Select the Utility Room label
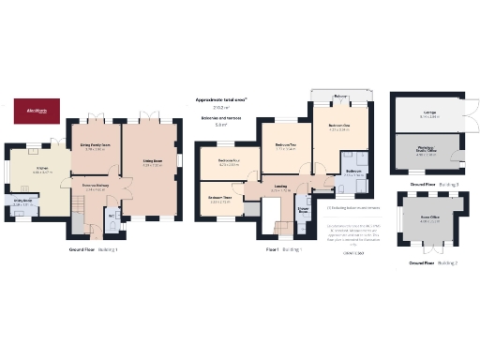coord(23,202)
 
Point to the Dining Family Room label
coord(97,145)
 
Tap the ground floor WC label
coord(111,217)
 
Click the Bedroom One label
coord(338,127)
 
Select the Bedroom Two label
coord(286,145)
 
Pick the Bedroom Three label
coord(220,198)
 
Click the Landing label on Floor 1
coord(280,187)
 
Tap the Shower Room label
coord(303,212)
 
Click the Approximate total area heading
coord(221,99)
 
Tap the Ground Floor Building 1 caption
coord(92,250)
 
